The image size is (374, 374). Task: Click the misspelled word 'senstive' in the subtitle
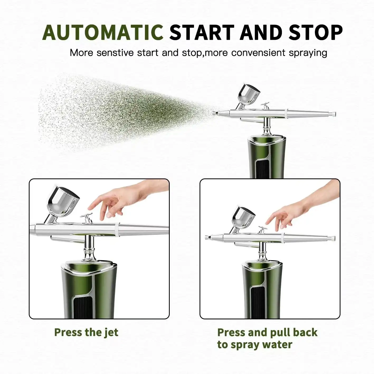[115, 53]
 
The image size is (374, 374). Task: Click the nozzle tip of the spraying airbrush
[214, 113]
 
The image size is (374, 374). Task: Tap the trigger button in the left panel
[87, 218]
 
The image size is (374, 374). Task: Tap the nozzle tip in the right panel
[207, 237]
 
